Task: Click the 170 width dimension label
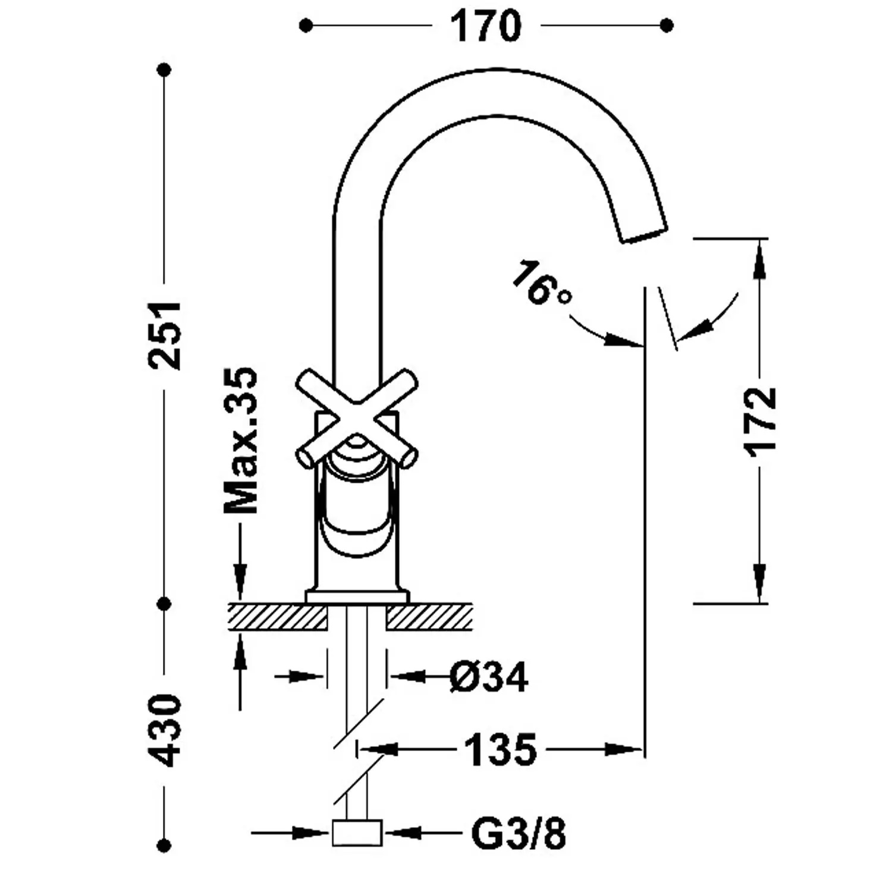(x=485, y=26)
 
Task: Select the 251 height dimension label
(x=165, y=335)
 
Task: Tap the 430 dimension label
(x=164, y=730)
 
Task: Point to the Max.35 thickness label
(x=240, y=441)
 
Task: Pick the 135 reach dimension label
(x=500, y=750)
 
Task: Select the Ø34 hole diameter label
(x=489, y=677)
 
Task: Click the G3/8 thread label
(x=519, y=833)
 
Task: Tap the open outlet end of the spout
(x=644, y=234)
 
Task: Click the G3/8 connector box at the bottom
(x=357, y=833)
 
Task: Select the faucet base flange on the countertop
(x=357, y=596)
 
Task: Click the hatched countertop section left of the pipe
(x=278, y=617)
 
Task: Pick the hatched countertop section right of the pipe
(x=429, y=617)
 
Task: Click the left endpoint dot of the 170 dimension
(x=306, y=26)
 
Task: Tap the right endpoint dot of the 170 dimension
(x=667, y=26)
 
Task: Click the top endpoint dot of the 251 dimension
(x=165, y=70)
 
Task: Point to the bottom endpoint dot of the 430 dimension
(x=165, y=844)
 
